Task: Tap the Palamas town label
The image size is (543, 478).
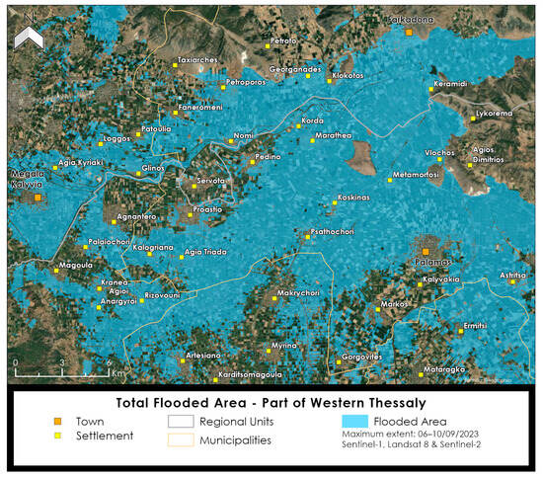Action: click(x=430, y=262)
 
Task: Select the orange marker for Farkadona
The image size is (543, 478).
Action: click(x=409, y=32)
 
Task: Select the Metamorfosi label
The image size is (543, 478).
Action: click(x=416, y=174)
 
